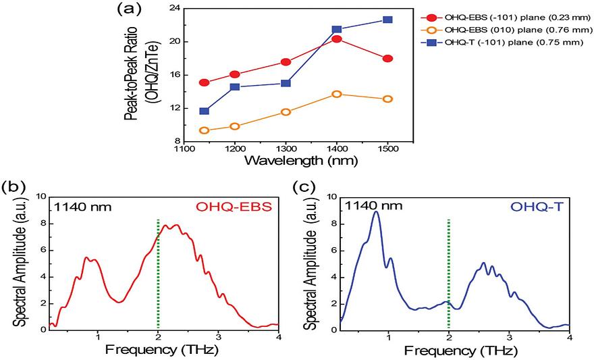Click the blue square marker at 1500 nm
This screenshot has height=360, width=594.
[387, 20]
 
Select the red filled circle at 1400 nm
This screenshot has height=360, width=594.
[337, 38]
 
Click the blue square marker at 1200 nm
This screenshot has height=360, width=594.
[235, 86]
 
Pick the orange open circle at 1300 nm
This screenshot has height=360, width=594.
[286, 111]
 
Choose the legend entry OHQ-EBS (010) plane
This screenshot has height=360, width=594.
[507, 29]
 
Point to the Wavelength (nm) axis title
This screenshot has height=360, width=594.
[286, 161]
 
